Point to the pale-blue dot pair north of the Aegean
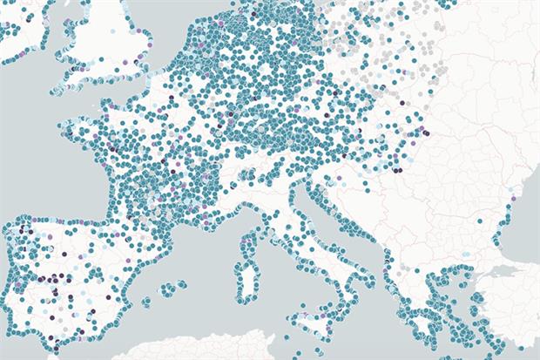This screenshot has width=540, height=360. click(467, 255)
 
